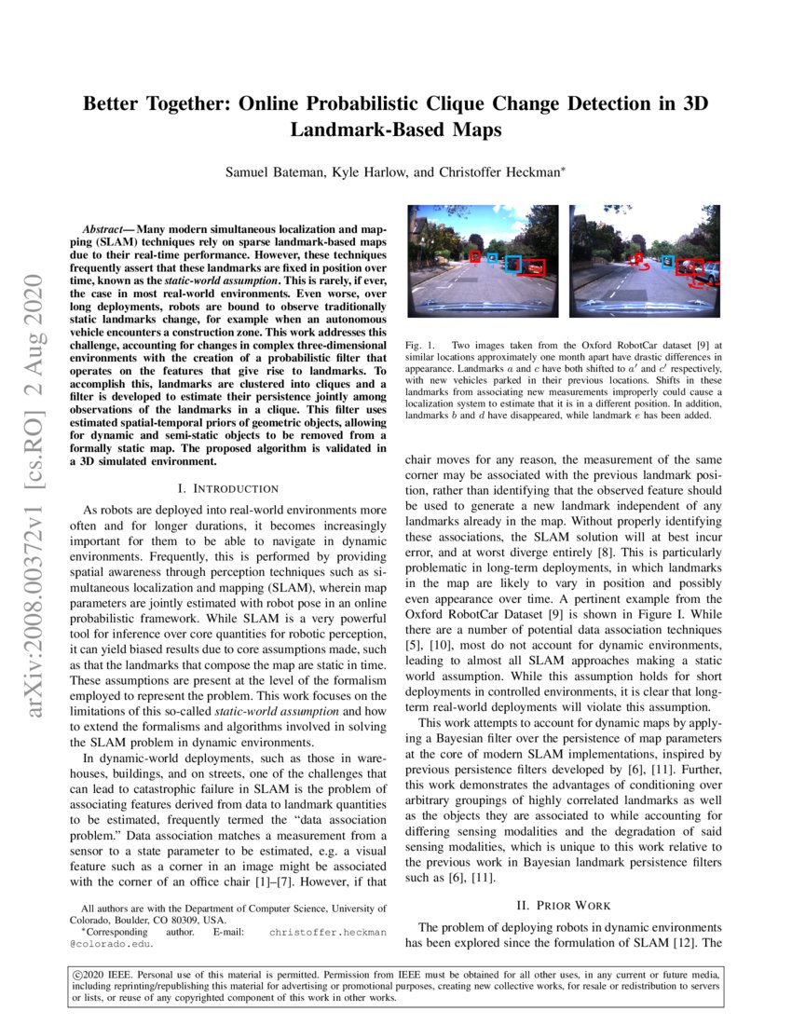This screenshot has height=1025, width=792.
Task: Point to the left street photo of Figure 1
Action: [x=481, y=263]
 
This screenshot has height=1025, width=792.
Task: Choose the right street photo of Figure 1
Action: [x=645, y=263]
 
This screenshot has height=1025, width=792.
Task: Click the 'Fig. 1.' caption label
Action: [x=419, y=346]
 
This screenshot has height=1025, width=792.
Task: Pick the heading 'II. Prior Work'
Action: [x=562, y=904]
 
